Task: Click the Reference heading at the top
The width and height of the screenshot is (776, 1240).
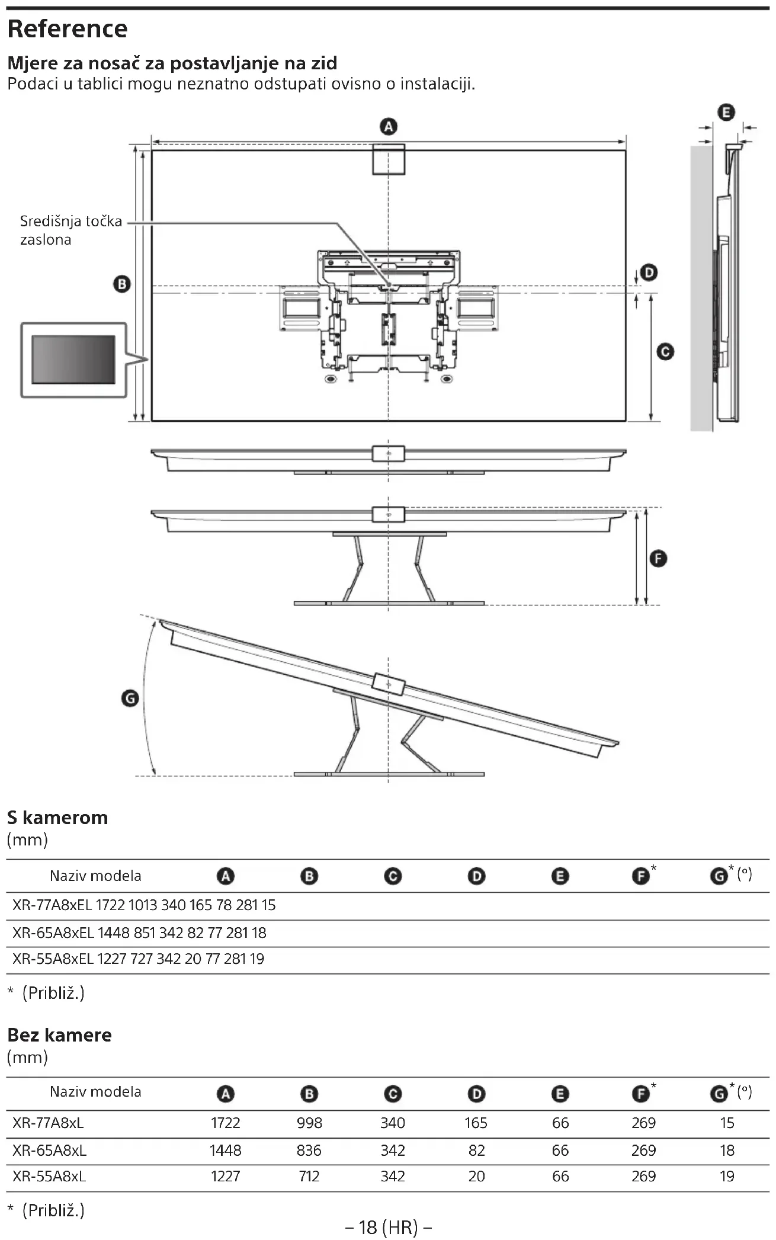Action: point(68,29)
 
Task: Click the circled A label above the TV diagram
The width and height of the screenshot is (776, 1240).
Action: point(389,127)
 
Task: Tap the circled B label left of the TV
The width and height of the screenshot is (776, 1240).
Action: point(122,284)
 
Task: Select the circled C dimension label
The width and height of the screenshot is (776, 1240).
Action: point(665,352)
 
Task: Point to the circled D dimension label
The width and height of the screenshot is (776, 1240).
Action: point(650,273)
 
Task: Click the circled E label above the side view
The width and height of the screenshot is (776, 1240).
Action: point(726,112)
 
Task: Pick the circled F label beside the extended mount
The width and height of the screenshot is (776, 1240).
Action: point(658,559)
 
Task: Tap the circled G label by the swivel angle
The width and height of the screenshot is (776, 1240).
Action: point(130,698)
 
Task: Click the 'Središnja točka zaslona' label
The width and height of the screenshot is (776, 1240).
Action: point(70,230)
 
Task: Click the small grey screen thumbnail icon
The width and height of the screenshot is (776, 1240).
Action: point(73,360)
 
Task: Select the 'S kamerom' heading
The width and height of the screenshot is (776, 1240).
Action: point(57,818)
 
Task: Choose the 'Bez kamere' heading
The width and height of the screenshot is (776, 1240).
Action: point(59,1035)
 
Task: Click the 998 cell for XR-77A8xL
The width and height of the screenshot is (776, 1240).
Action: point(309,1123)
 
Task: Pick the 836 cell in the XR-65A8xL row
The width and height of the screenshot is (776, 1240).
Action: point(309,1150)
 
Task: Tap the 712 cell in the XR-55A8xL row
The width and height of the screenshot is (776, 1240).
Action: point(309,1176)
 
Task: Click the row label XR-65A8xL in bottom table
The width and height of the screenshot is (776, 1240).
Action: point(50,1150)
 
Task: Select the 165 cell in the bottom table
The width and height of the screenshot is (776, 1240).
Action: point(476,1123)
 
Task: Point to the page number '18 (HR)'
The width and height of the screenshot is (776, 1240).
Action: point(388,1227)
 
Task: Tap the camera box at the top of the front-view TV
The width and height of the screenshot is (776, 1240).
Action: point(389,159)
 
